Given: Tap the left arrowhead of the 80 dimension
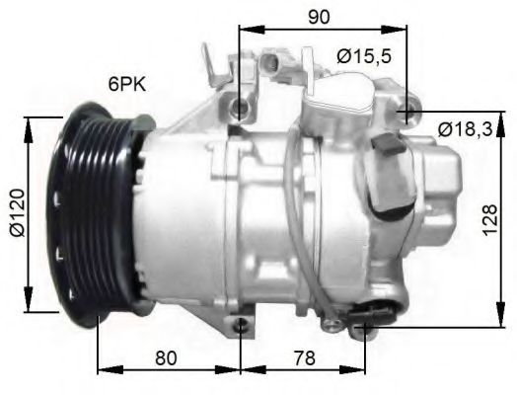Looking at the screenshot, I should point(103,372).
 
